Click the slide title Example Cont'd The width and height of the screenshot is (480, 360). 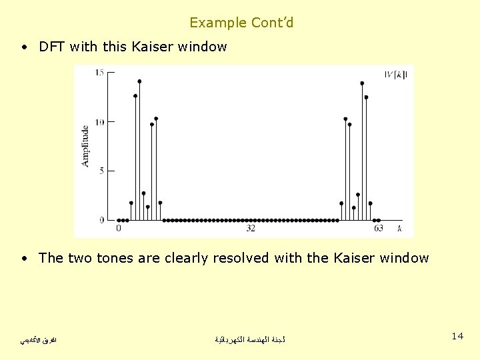(x=241, y=23)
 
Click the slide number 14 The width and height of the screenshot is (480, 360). (x=457, y=336)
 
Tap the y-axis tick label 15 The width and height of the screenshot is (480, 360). (x=99, y=73)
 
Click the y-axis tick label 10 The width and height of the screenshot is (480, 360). (x=99, y=122)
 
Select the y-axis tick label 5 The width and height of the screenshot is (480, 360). (x=101, y=171)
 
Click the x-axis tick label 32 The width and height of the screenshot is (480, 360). (x=251, y=229)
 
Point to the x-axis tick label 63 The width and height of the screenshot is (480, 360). (x=378, y=229)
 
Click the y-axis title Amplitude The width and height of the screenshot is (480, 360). (x=85, y=146)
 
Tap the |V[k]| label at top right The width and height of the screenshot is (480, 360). (x=396, y=74)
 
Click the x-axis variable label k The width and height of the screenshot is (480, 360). (x=399, y=229)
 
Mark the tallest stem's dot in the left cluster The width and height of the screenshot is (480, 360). (x=139, y=81)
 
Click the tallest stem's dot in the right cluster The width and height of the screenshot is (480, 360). (x=362, y=83)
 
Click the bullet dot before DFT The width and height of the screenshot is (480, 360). (x=24, y=47)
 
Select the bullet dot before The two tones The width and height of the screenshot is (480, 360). (x=24, y=259)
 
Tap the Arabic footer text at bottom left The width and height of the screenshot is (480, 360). (x=39, y=340)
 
